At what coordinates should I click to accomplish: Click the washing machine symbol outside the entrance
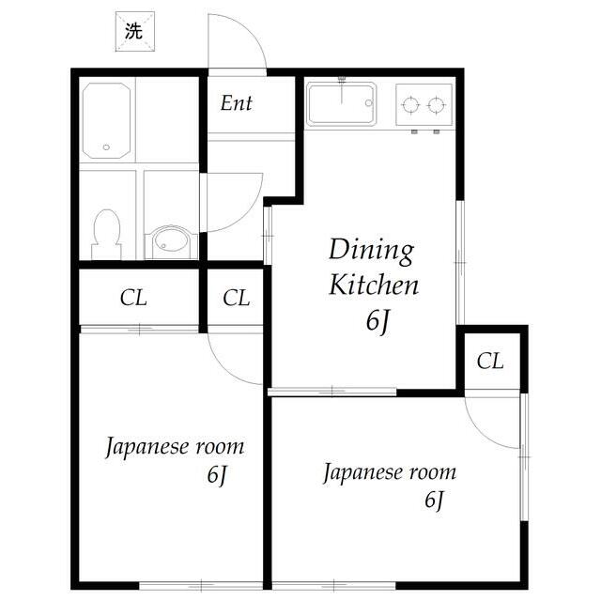tap(132, 30)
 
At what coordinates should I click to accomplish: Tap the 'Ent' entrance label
tap(237, 103)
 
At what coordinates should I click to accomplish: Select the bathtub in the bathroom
tap(107, 120)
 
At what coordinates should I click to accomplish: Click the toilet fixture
tap(106, 232)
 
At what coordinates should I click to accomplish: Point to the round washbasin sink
tap(171, 241)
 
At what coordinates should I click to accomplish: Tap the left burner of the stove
tap(409, 104)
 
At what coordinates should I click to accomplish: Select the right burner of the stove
tap(435, 104)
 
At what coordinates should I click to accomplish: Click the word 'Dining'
tap(370, 250)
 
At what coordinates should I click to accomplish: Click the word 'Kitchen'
tap(373, 285)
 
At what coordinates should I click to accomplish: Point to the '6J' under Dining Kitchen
tap(378, 321)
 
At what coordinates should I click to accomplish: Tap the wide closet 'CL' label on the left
tap(133, 299)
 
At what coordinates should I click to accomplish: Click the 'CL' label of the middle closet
tap(237, 299)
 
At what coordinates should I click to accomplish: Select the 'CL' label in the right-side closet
tap(490, 360)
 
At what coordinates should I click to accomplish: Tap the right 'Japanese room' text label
tap(390, 471)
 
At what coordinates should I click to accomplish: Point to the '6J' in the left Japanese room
tap(218, 475)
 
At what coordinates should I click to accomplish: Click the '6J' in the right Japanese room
tap(433, 501)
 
